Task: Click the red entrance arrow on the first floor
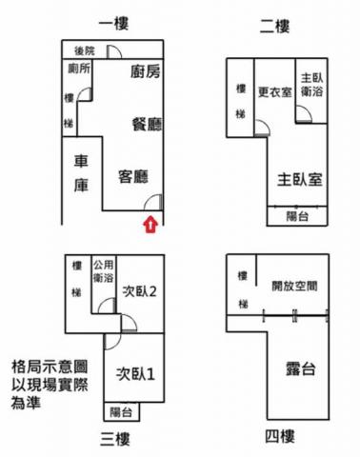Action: coord(150,225)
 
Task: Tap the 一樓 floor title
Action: coord(113,24)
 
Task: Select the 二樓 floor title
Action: coord(274,26)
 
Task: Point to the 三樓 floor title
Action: coord(115,440)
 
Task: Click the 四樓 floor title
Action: coord(280,436)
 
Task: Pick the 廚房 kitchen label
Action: coord(146,71)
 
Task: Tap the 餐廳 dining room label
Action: coord(147,124)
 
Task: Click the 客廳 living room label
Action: coord(133,176)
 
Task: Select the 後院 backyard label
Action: coord(85,50)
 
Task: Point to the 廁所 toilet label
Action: coord(79,68)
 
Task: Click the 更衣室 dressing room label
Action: coord(275,92)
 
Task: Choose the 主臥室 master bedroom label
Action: coord(300,180)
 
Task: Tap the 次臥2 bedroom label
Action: coord(139,291)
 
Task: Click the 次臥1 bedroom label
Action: coord(135,374)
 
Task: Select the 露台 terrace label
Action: coord(300,368)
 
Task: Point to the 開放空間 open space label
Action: coord(294,286)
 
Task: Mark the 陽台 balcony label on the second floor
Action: coord(297,216)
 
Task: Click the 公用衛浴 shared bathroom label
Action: coord(103,271)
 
